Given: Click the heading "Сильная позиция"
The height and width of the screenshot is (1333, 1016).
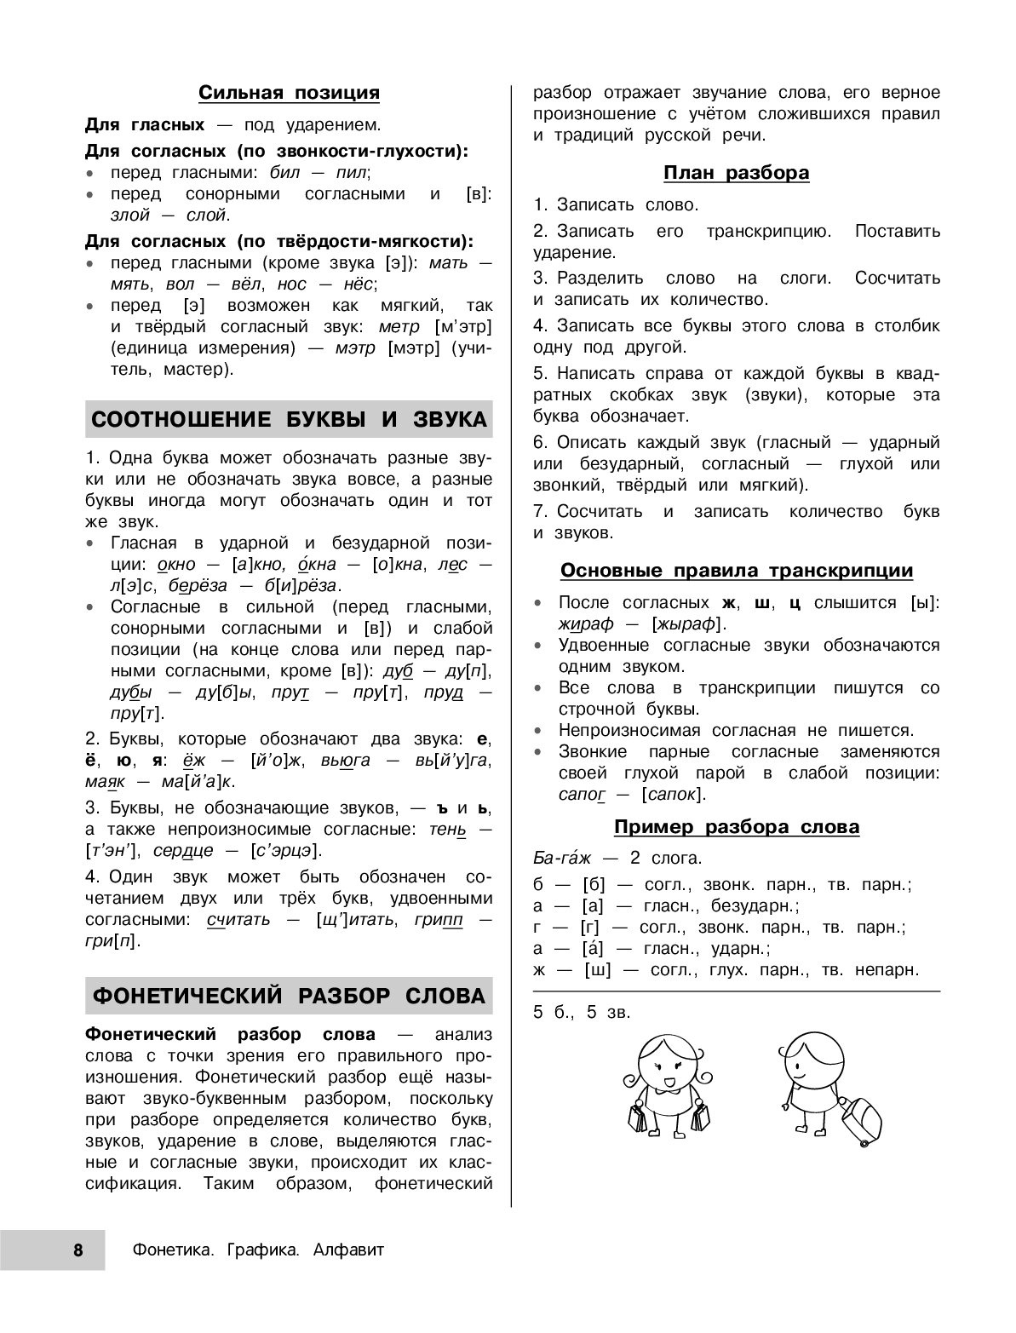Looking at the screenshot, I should pyautogui.click(x=289, y=92).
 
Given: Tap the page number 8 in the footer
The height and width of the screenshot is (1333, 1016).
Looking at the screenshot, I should pyautogui.click(x=77, y=1250).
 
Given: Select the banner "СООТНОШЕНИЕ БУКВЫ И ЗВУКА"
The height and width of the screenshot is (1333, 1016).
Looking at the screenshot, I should pyautogui.click(x=289, y=419).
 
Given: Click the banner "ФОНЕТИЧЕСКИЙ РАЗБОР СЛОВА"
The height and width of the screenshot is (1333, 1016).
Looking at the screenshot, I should pyautogui.click(x=289, y=996).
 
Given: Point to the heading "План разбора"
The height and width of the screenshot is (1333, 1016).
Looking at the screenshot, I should pyautogui.click(x=736, y=173).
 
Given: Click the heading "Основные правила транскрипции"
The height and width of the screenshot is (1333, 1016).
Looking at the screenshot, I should pyautogui.click(x=736, y=571).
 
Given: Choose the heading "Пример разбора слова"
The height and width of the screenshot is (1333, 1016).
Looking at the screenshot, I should pyautogui.click(x=736, y=826).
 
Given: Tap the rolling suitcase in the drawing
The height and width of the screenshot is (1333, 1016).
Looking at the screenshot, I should pyautogui.click(x=861, y=1118).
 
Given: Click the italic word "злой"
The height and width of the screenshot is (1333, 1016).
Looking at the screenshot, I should pyautogui.click(x=129, y=215).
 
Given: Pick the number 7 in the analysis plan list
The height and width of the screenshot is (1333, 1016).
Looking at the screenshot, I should pyautogui.click(x=539, y=511).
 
